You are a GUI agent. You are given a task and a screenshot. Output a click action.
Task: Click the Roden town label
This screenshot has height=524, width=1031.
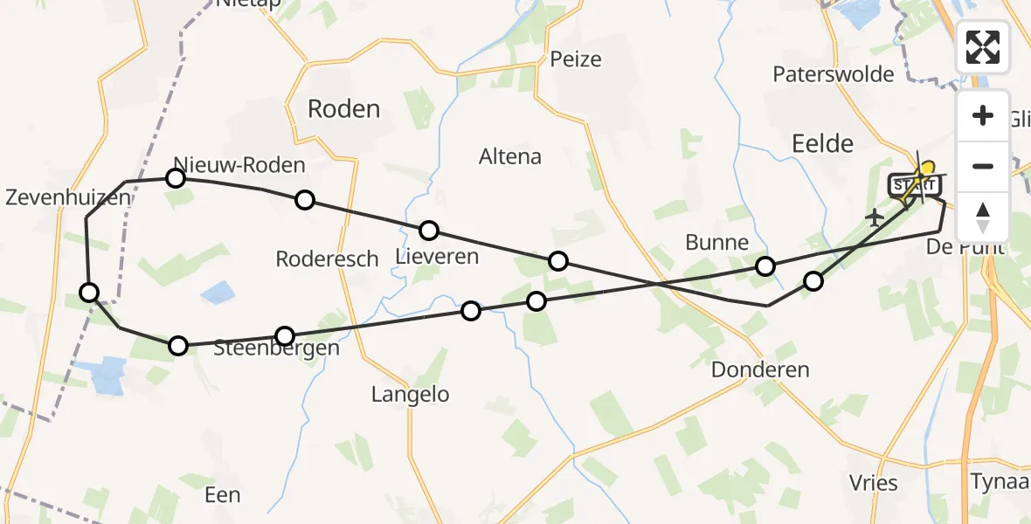click(343, 109)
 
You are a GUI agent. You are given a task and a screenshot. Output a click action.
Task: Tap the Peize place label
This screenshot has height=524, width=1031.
click(576, 59)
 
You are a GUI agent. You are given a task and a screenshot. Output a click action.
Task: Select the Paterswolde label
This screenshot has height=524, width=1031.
click(833, 74)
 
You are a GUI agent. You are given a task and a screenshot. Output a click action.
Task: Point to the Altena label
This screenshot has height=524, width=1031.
click(510, 157)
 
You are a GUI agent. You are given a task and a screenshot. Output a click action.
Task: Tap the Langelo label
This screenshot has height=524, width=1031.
click(410, 395)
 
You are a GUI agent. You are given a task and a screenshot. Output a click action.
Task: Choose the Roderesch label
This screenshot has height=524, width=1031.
click(327, 259)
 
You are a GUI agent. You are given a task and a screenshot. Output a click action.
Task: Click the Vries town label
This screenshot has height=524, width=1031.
click(874, 482)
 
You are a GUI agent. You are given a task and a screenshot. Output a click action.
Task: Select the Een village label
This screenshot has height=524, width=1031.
click(222, 495)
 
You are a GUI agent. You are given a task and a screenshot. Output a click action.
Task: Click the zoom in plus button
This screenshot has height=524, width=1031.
click(983, 116)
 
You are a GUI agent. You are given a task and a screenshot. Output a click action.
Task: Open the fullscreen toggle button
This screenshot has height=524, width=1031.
click(983, 47)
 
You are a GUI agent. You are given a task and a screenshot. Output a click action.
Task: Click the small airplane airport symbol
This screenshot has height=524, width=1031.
click(874, 217)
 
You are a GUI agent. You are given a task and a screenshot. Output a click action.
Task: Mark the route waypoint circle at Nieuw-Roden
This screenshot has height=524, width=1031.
click(176, 179)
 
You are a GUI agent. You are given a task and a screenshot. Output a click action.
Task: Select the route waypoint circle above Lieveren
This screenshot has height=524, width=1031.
click(429, 231)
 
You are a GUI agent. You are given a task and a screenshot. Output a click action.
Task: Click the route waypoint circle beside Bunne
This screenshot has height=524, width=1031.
click(765, 266)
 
